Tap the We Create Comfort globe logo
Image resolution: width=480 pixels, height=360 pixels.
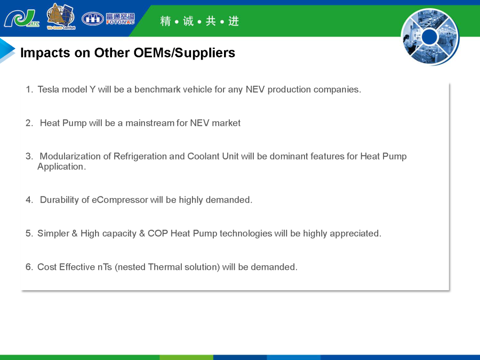pyautogui.click(x=61, y=16)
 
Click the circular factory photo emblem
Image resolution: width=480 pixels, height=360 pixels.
pyautogui.click(x=430, y=36)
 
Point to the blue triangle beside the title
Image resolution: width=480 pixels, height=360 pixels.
pyautogui.click(x=7, y=50)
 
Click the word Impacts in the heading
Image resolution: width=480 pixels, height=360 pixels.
pyautogui.click(x=45, y=53)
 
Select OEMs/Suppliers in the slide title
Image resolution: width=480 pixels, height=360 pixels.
pyautogui.click(x=184, y=52)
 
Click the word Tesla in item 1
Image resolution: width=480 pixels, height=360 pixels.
pyautogui.click(x=48, y=89)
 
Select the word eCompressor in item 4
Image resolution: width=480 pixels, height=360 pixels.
pyautogui.click(x=120, y=200)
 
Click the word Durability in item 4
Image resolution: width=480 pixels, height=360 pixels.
pyautogui.click(x=60, y=200)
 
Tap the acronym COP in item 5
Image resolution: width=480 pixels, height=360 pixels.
pyautogui.click(x=158, y=234)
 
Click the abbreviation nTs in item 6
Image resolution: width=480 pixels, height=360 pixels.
pyautogui.click(x=105, y=267)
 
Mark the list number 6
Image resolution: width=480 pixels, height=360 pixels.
pyautogui.click(x=28, y=267)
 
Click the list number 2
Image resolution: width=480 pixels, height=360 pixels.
pyautogui.click(x=28, y=123)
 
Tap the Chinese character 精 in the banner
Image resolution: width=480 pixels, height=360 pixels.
pyautogui.click(x=165, y=21)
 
